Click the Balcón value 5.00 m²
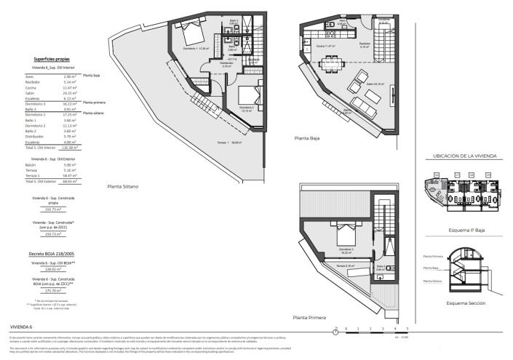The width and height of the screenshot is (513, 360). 70,165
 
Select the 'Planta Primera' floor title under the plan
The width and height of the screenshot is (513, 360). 309,317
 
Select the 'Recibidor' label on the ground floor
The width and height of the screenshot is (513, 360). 365,44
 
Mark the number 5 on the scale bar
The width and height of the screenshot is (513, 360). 417,329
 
